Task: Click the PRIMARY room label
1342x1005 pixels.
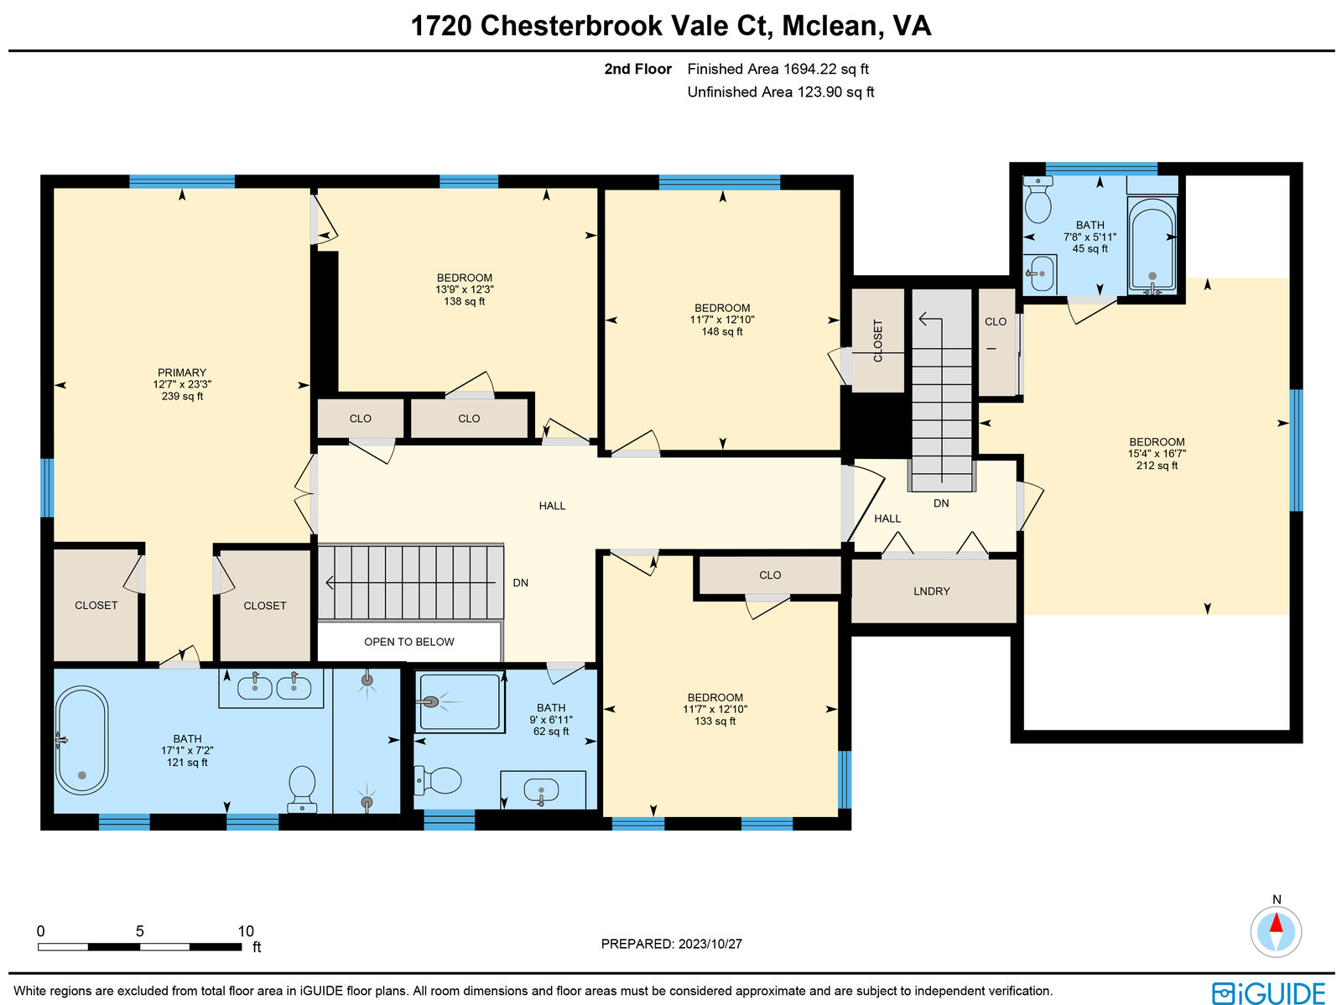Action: pyautogui.click(x=182, y=372)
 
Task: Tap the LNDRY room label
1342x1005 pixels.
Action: pyautogui.click(x=932, y=591)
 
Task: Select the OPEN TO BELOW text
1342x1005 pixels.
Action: pyautogui.click(x=409, y=642)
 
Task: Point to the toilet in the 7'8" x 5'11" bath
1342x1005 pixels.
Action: pyautogui.click(x=1038, y=200)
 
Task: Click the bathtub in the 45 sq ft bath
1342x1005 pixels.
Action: pyautogui.click(x=1152, y=244)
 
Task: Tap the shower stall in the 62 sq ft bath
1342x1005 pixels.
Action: pyautogui.click(x=460, y=702)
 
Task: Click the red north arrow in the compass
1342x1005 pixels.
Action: pyautogui.click(x=1276, y=923)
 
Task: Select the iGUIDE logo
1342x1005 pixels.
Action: pyautogui.click(x=1269, y=993)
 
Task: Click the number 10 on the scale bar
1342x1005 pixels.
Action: pyautogui.click(x=246, y=931)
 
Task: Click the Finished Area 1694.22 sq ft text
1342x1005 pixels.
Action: pyautogui.click(x=778, y=69)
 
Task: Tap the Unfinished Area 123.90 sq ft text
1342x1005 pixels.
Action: pyautogui.click(x=781, y=92)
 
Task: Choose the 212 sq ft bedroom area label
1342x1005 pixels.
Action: pyautogui.click(x=1157, y=466)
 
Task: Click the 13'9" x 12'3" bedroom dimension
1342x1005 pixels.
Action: pyautogui.click(x=465, y=289)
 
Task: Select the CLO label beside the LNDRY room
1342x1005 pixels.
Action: pyautogui.click(x=770, y=575)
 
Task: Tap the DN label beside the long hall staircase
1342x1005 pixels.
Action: pyautogui.click(x=520, y=582)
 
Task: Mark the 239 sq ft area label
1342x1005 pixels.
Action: pyautogui.click(x=182, y=396)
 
